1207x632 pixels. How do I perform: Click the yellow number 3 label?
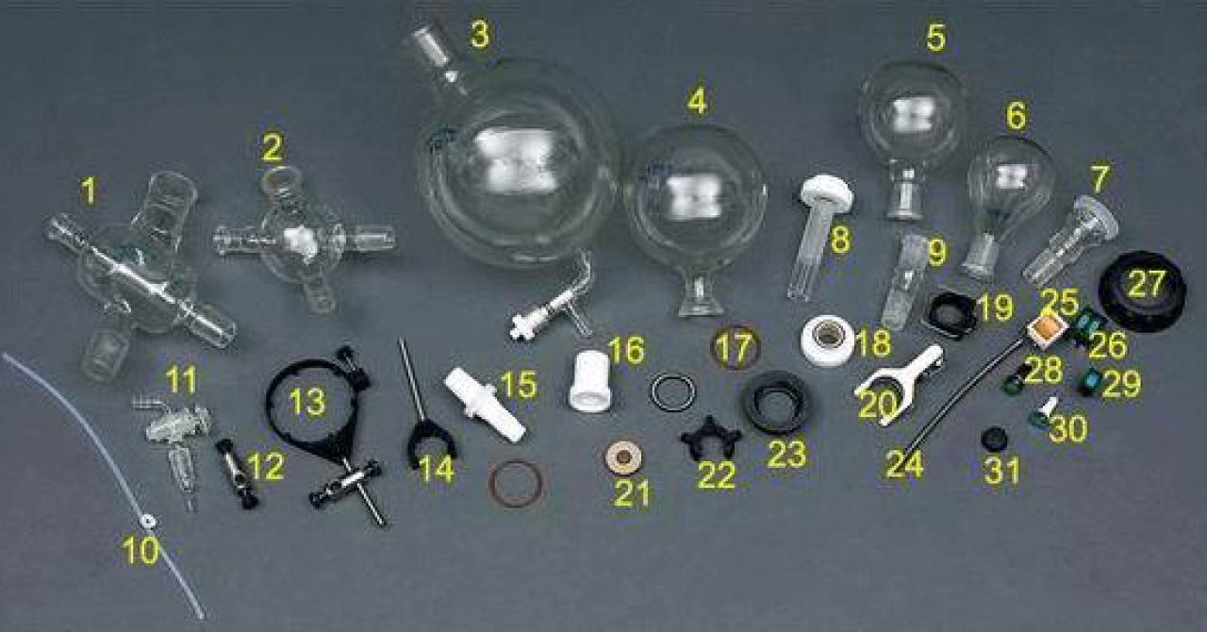click(x=480, y=35)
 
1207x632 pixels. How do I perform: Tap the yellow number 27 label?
click(x=1147, y=284)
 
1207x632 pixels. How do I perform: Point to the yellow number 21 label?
click(x=631, y=492)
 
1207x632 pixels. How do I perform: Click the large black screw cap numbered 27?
click(x=1141, y=291)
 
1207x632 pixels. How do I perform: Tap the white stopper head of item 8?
click(x=827, y=194)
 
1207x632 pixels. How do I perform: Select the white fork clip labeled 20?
click(x=897, y=381)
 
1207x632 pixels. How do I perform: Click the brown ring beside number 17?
click(x=736, y=346)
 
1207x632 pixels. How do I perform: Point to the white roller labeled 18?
click(x=827, y=341)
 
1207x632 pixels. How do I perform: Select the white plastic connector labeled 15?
click(x=486, y=405)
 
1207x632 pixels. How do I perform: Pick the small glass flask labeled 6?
click(x=1010, y=189)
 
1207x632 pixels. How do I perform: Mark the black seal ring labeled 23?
click(x=779, y=402)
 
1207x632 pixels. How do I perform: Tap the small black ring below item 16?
click(x=672, y=391)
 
